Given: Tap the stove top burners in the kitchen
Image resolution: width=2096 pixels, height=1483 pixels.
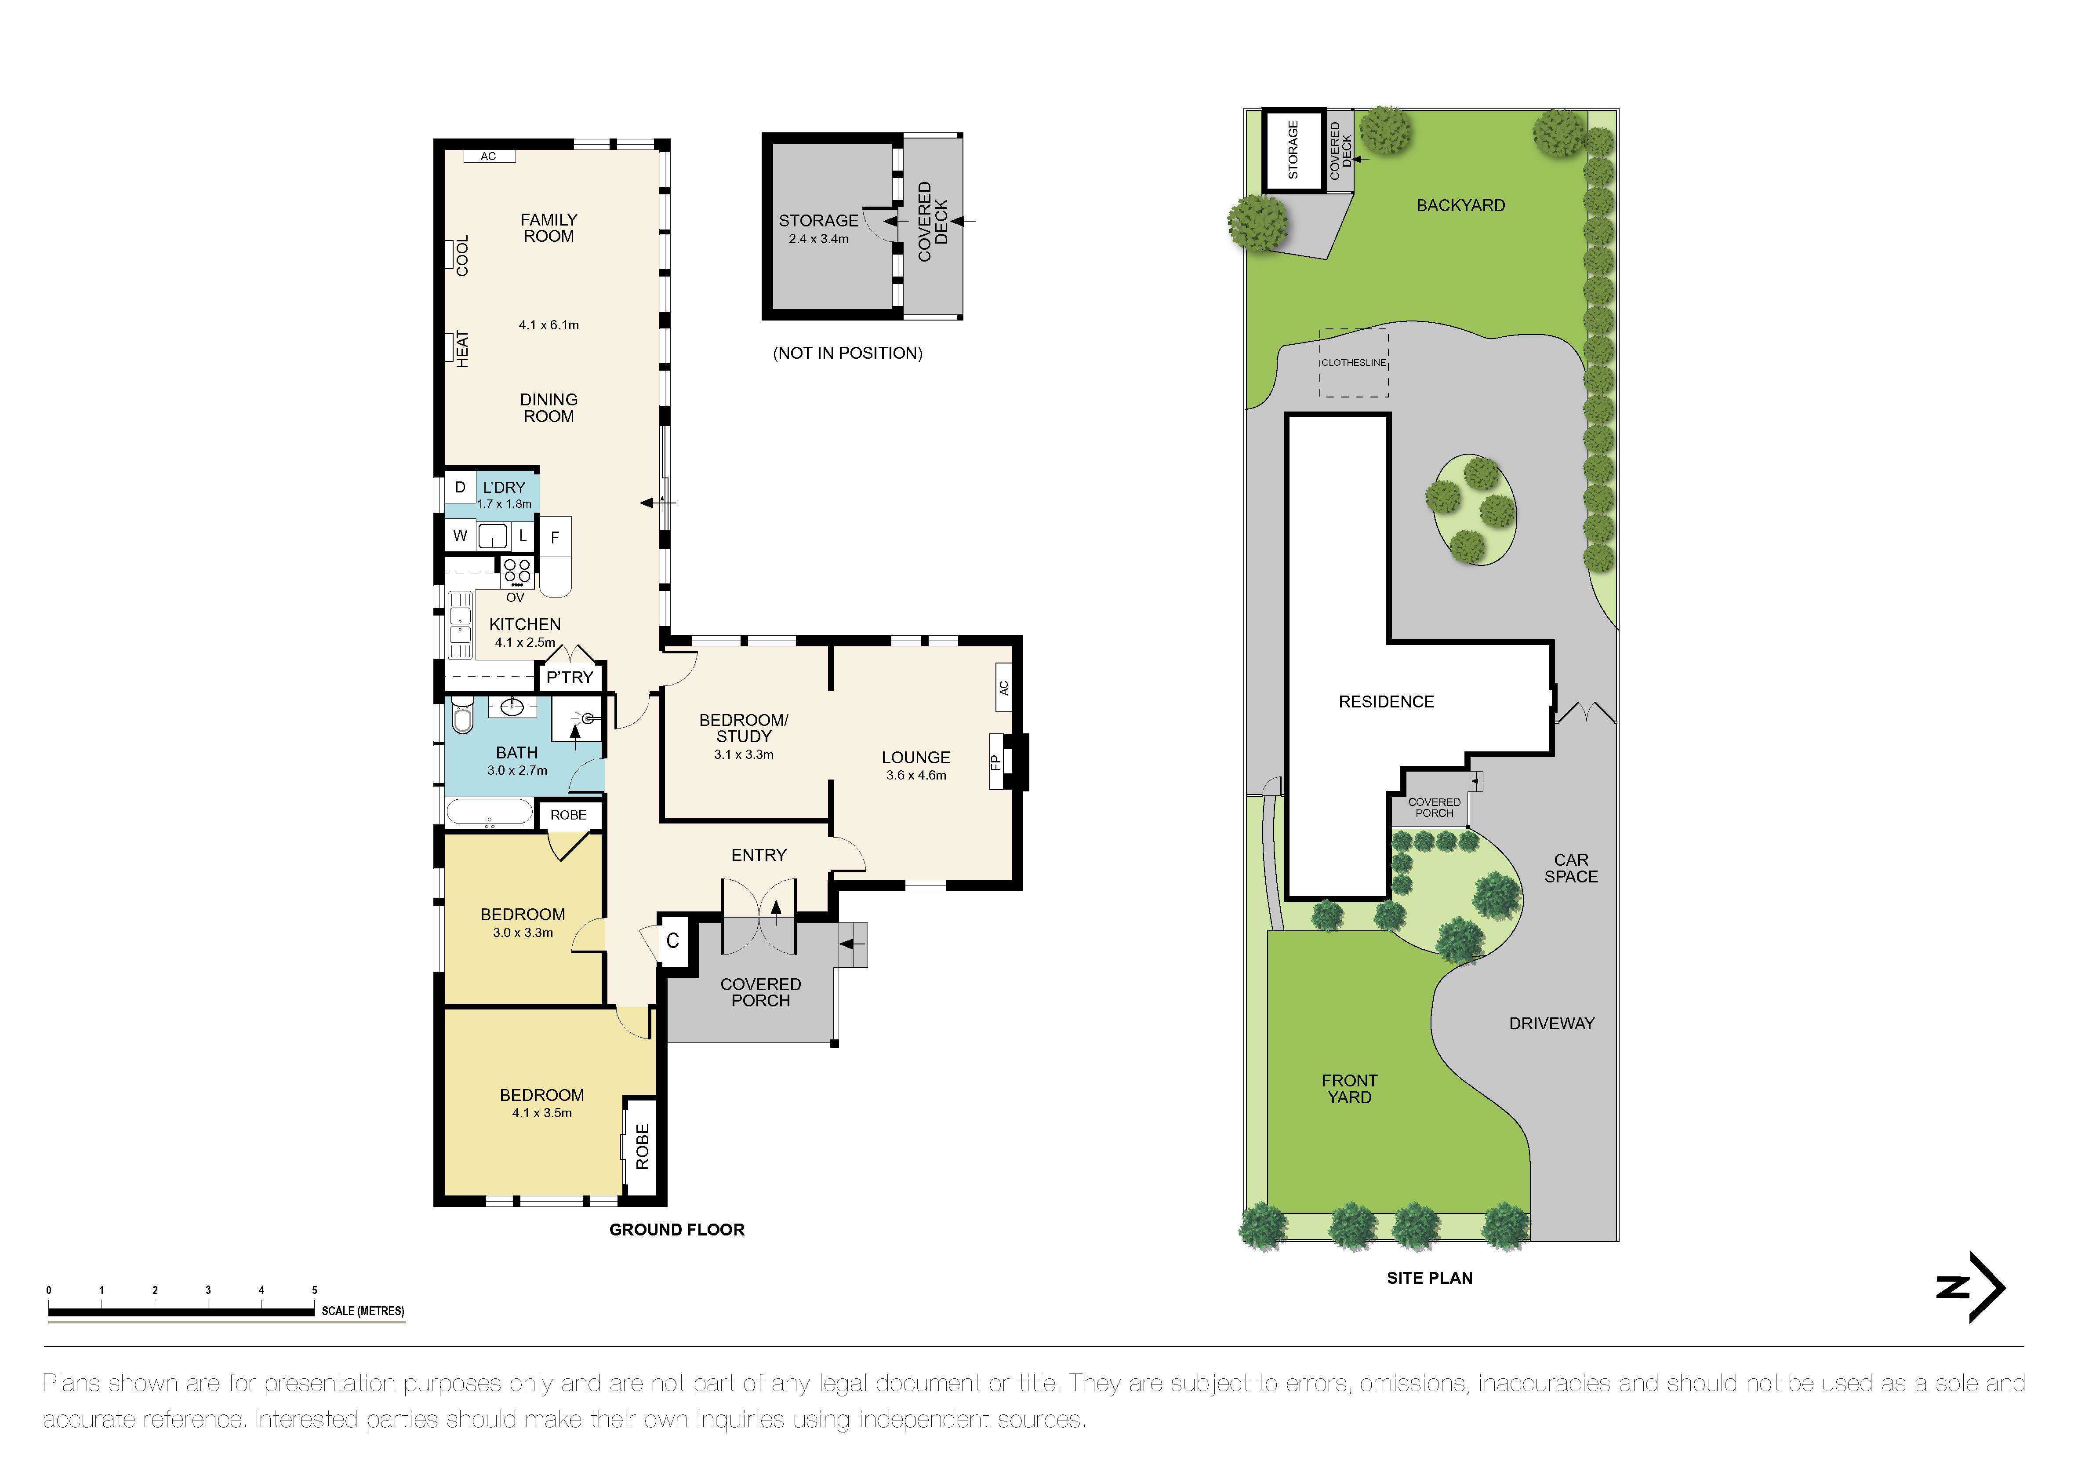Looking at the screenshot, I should coord(517,572).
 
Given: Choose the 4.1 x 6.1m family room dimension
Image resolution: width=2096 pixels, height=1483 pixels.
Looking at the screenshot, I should coord(549,325).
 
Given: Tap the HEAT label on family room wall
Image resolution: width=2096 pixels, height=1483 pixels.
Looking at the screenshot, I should coord(462,349).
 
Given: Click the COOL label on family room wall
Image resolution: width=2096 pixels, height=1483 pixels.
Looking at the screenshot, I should coord(462,256).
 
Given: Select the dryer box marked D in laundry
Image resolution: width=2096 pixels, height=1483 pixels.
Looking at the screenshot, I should coord(460,488).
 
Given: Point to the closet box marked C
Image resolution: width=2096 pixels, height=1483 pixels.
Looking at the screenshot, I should coord(673,940).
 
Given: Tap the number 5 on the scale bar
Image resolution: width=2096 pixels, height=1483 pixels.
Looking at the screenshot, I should coord(314,1290).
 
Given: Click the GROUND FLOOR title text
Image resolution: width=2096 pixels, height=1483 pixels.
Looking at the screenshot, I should coord(676,1230).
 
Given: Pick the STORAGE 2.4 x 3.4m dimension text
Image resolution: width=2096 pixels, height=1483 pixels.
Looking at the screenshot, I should coord(819,239).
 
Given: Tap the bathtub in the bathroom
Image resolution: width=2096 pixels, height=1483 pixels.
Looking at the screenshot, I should coord(489,813).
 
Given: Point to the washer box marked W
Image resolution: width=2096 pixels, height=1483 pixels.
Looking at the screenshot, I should coord(460,536).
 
